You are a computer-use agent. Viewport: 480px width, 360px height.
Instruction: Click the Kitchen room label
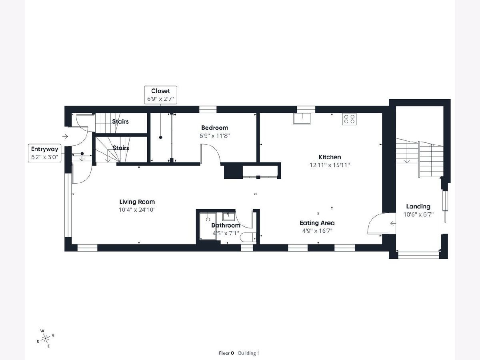[330, 157]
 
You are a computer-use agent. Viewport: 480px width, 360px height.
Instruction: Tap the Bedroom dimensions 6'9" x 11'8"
[214, 136]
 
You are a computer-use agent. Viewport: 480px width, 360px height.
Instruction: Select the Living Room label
[137, 202]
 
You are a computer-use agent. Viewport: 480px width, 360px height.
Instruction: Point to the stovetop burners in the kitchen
[349, 119]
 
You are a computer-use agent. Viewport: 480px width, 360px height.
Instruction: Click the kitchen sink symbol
[302, 119]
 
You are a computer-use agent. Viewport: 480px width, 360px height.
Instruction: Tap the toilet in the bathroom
[248, 237]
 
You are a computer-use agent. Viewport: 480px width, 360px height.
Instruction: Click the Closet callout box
[160, 95]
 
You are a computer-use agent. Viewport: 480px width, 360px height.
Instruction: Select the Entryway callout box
[45, 153]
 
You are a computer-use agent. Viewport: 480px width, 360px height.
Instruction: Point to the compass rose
[46, 338]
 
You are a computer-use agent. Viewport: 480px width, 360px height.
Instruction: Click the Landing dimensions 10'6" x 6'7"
[418, 214]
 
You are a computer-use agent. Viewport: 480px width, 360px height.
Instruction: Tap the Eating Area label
[317, 223]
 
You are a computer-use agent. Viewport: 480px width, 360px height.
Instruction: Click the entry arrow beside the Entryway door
[65, 137]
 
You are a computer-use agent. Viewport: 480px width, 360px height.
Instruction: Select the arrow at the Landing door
[393, 223]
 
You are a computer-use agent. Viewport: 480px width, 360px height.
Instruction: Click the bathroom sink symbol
[228, 217]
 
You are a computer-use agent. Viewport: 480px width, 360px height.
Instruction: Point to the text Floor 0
[226, 353]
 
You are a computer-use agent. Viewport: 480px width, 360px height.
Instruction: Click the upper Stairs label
[120, 122]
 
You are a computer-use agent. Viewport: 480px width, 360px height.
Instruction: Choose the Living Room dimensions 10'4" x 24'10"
[137, 210]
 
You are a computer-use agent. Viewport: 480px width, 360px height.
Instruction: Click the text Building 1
[248, 353]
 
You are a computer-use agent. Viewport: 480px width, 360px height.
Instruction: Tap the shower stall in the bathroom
[208, 226]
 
